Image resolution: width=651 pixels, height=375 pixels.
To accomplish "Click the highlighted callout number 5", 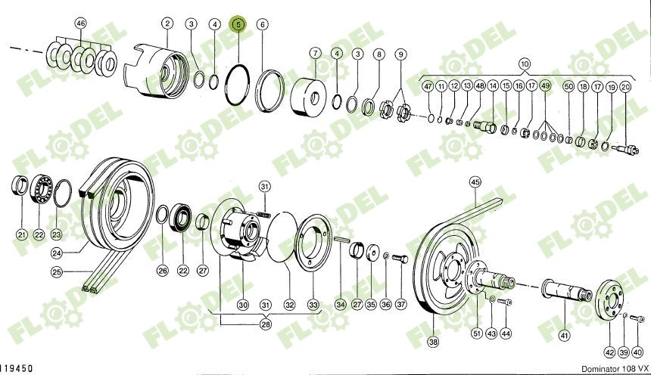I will click(x=239, y=24).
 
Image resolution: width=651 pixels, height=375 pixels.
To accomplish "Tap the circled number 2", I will click(x=167, y=24).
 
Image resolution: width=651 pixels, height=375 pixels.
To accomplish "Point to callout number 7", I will click(x=316, y=53).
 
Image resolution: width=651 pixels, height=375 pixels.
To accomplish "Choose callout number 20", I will click(x=625, y=86).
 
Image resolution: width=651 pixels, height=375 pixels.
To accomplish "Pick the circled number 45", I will click(x=475, y=181).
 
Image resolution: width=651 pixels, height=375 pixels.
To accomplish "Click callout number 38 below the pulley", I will click(x=432, y=342).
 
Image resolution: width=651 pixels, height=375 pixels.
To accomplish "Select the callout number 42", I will click(x=610, y=352).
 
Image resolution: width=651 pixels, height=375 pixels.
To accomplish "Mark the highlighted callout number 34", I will click(x=341, y=305).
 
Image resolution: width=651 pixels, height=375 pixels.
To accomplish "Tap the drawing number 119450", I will click(x=17, y=368).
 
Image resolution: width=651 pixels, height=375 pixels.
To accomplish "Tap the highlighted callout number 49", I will click(x=545, y=86).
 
